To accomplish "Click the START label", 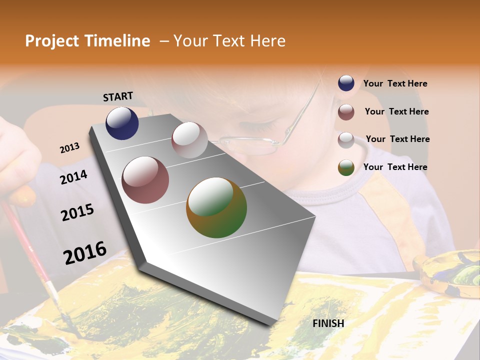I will pos(118,96).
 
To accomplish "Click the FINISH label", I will pos(328,323).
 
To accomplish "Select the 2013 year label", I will pos(69,148).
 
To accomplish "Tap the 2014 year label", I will pos(73,177).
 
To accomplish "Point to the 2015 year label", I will pos(77,212).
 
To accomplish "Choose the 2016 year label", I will pos(85,253).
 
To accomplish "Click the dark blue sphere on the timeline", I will pos(122,123).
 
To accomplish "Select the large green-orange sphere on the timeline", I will pos(216,207).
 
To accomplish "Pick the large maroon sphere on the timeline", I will pos(145,180).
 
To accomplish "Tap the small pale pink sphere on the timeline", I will pos(189,140).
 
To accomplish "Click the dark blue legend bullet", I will pos(346,83).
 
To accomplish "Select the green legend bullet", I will pos(346,167).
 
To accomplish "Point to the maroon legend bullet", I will pos(346,112).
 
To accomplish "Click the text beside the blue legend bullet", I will pos(395,83).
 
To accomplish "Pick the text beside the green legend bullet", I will pos(395,167).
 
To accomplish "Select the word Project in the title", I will pos(51,41).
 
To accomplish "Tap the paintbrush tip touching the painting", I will pos(70,325).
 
